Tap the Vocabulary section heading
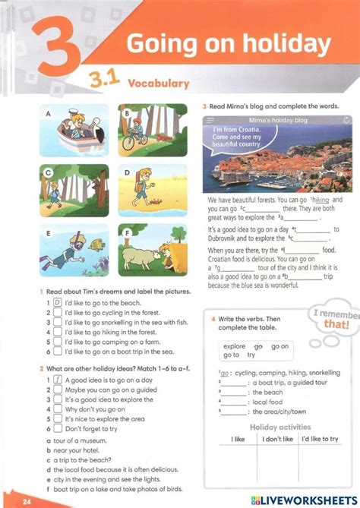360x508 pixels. pyautogui.click(x=158, y=83)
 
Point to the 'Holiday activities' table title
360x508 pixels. pyautogui.click(x=280, y=427)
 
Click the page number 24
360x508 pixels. pyautogui.click(x=27, y=502)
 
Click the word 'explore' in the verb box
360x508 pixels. pyautogui.click(x=234, y=346)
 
